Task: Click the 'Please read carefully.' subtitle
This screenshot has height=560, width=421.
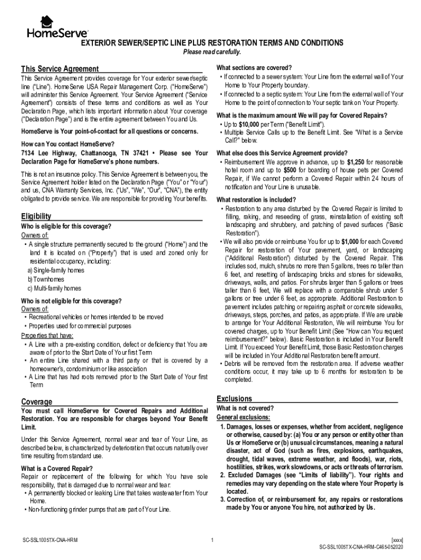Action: coord(212,52)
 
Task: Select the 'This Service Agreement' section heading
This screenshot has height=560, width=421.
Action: coord(60,69)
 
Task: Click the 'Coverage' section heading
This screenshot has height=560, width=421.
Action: coord(37,401)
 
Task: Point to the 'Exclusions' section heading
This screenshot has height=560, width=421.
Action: coord(235,399)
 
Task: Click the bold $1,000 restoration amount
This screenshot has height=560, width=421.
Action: coord(350,241)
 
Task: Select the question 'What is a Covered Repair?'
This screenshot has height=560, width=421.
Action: coord(57,468)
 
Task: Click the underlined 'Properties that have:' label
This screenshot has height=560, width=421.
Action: coord(47,335)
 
